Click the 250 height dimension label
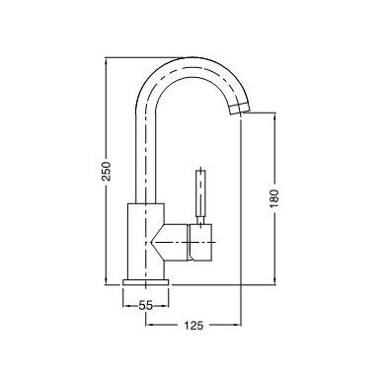(x=107, y=171)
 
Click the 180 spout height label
(x=274, y=198)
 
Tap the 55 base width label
(x=145, y=306)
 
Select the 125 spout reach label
(x=193, y=326)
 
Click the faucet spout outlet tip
(x=239, y=109)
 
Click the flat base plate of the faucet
(x=145, y=282)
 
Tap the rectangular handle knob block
(x=200, y=243)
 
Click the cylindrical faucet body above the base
(x=145, y=242)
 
